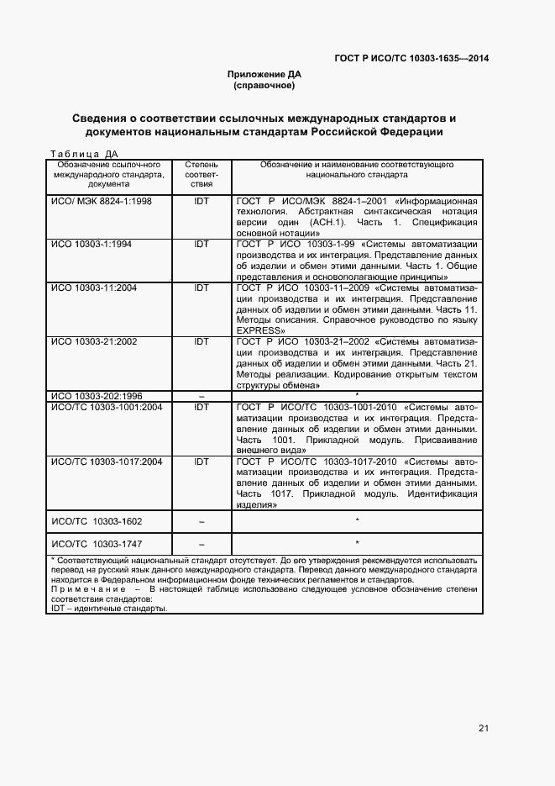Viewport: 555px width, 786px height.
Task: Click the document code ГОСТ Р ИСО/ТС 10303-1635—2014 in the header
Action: pos(411,59)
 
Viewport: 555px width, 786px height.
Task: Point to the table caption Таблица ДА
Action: pos(85,154)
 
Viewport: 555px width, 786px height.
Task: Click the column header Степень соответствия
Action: pos(201,174)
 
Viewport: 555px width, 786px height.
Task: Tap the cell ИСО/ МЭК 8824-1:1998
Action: pos(102,202)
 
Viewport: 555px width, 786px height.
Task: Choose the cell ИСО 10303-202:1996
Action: pos(97,396)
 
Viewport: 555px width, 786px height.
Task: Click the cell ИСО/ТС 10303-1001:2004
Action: pos(107,407)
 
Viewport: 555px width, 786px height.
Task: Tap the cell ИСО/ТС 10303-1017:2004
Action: pos(107,462)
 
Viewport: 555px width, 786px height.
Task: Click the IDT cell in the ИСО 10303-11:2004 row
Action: pos(202,287)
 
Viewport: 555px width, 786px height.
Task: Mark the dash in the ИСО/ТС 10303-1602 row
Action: pos(202,522)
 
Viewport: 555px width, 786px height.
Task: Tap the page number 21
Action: pos(484,728)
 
